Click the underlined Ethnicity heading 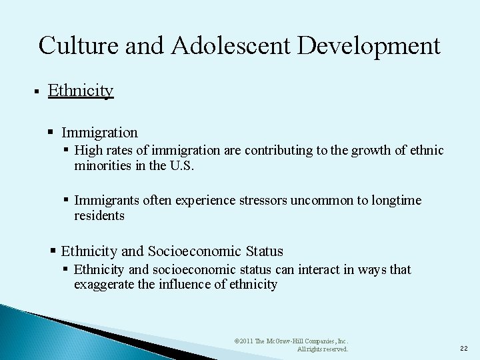pyautogui.click(x=81, y=90)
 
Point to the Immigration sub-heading pyautogui.click(x=99, y=133)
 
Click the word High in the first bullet pyautogui.click(x=89, y=151)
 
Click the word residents pyautogui.click(x=99, y=216)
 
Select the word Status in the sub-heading pyautogui.click(x=264, y=251)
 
